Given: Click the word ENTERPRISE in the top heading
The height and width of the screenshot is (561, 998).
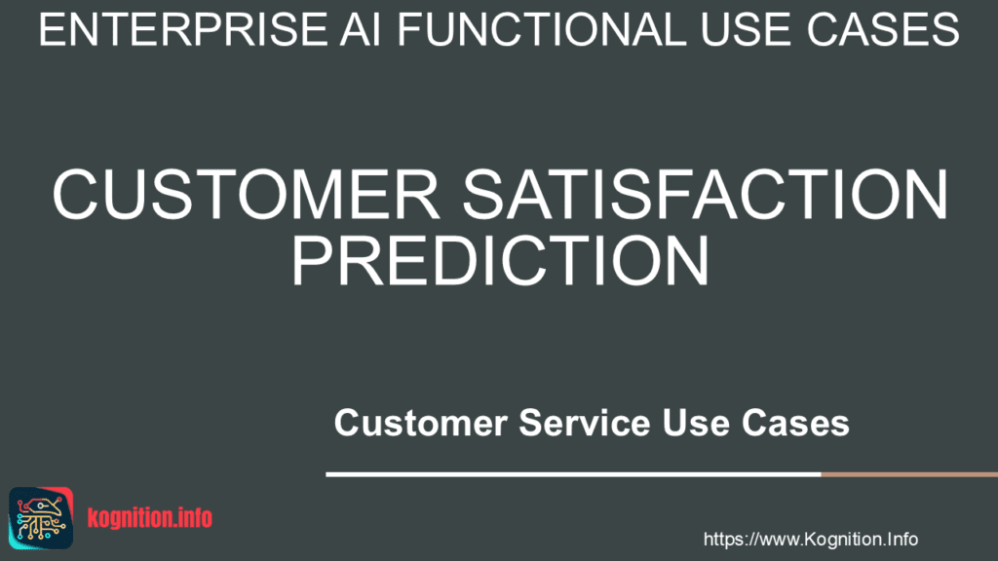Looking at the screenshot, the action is (x=183, y=30).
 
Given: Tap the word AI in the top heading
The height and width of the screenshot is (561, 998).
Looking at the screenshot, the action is (x=361, y=30).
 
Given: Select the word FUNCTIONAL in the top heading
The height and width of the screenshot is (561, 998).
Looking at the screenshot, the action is (x=542, y=30).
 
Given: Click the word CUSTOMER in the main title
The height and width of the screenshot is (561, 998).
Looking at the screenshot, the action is (x=246, y=195).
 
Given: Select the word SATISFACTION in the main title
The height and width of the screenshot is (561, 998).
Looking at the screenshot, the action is (x=706, y=195).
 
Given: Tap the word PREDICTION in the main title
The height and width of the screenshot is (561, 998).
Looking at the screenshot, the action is (x=500, y=261).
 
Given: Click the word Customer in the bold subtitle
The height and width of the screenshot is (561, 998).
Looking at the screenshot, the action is (x=421, y=423).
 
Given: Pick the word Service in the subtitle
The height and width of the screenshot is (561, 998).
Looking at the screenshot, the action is (x=585, y=423).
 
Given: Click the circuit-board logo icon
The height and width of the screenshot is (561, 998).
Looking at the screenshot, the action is (x=41, y=518).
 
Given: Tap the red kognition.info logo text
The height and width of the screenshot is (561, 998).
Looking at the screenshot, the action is (x=149, y=518).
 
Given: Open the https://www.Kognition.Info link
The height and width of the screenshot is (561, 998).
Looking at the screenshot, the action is (x=810, y=540).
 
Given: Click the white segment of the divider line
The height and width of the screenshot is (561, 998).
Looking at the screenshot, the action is (x=573, y=474).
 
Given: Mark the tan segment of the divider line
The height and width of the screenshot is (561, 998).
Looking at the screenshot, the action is (x=909, y=474).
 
